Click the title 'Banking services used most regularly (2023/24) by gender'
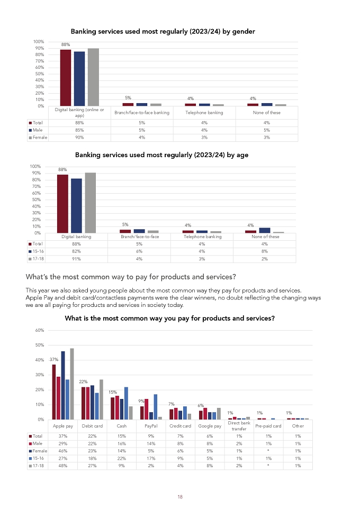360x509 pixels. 163,32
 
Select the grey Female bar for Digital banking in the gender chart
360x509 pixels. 93,77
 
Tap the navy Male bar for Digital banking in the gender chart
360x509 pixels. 79,79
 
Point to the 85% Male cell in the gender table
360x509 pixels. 79,130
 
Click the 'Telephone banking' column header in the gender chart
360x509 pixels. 204,113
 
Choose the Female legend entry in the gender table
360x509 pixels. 38,138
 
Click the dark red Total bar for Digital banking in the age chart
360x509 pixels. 62,204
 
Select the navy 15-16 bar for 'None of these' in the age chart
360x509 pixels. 265,231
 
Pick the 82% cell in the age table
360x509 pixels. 76,251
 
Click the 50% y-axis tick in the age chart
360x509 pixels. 37,199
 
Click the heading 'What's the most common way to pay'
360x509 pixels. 131,277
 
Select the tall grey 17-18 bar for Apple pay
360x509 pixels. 72,384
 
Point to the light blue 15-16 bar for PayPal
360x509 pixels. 156,407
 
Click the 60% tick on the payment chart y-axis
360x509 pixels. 40,330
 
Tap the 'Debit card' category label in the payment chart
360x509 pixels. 92,426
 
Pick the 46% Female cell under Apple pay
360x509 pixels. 62,451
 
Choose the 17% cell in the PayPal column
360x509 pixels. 151,458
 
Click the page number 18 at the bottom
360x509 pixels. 180,497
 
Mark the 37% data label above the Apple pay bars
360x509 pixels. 54,359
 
